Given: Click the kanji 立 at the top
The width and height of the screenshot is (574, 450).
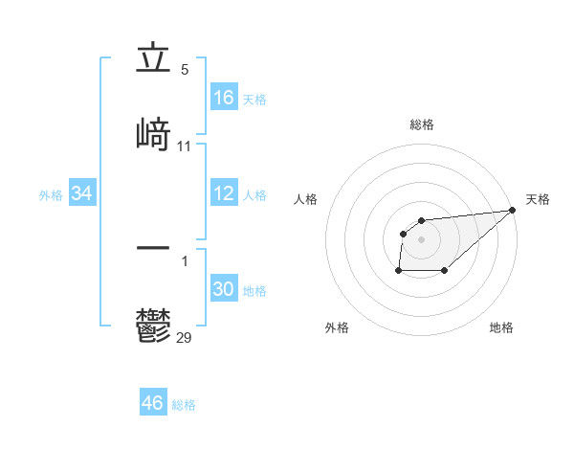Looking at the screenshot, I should [x=153, y=59].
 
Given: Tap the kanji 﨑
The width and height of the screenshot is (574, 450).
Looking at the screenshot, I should [x=153, y=134].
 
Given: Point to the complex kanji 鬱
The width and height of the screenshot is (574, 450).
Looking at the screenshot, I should [x=153, y=326].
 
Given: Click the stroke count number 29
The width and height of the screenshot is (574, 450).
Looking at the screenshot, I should [x=185, y=336].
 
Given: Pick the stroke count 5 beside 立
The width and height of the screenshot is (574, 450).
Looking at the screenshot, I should [x=185, y=69].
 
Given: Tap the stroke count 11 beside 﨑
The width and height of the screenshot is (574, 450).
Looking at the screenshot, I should [x=185, y=146].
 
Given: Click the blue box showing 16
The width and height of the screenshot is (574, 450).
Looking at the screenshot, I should [x=224, y=98].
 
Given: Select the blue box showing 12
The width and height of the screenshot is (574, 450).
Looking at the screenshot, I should [x=224, y=193].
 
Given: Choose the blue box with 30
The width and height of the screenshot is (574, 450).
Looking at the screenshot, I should [x=224, y=289].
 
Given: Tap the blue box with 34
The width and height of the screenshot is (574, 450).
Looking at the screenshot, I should [x=82, y=194].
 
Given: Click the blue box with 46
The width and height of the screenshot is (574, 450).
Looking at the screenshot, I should [x=153, y=403].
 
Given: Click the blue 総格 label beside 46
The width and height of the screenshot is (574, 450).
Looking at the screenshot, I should [x=184, y=405].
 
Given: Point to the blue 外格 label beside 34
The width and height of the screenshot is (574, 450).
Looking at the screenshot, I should [x=51, y=195].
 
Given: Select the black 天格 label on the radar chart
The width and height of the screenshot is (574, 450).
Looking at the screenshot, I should [x=538, y=199].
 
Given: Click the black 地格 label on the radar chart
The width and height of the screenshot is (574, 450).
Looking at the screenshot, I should [x=501, y=328].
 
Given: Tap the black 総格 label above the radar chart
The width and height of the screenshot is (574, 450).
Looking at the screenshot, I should [x=422, y=124].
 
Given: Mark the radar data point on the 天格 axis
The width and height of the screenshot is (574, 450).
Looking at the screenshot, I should [x=513, y=211].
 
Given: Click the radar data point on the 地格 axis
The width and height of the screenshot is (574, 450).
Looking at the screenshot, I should [x=445, y=271].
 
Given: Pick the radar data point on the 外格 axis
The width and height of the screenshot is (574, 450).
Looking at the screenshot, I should [x=398, y=271].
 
